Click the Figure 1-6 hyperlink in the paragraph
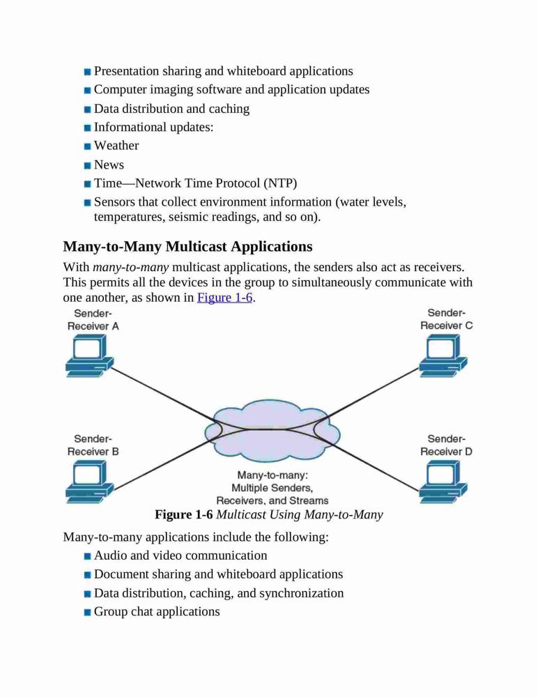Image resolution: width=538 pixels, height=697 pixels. tap(224, 298)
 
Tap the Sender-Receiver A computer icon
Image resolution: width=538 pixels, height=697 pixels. tap(89, 355)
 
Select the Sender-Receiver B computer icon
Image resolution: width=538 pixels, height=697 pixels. tap(89, 482)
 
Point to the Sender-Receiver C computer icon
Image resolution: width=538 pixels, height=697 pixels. tap(443, 355)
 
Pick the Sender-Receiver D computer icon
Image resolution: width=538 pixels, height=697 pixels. tap(443, 482)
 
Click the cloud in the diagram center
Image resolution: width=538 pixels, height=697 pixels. tap(272, 430)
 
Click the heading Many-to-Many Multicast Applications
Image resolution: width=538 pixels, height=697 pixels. tap(187, 246)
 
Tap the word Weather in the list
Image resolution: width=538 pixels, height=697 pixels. tap(116, 146)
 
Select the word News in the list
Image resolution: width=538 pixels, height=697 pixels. tap(109, 164)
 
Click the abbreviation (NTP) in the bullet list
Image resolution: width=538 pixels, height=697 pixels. tap(280, 183)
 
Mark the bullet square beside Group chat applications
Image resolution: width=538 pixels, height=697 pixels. tap(88, 613)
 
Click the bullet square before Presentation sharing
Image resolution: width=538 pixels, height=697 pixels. tap(88, 72)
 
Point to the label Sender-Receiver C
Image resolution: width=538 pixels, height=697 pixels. tap(447, 319)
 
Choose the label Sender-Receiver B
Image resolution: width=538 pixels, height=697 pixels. tap(93, 445)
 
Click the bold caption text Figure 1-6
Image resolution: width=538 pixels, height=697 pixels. tap(184, 515)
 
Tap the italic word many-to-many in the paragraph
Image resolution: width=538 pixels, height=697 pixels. tap(131, 268)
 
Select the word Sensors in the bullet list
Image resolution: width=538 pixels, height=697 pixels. tap(114, 202)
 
